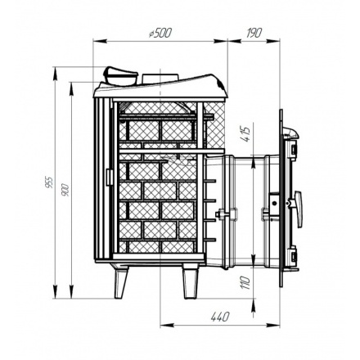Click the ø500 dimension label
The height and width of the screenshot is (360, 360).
point(160,33)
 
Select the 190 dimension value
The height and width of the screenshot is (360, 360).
point(254,33)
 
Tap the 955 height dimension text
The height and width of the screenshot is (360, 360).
point(49,182)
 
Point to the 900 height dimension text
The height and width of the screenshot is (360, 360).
point(65,190)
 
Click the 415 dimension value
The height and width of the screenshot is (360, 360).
point(245,134)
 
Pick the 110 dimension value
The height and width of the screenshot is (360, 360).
point(245,283)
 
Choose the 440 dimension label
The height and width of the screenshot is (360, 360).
point(220,317)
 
